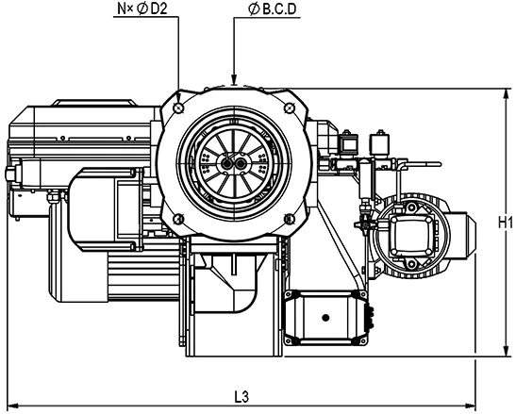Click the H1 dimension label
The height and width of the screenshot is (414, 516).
pyautogui.click(x=505, y=224)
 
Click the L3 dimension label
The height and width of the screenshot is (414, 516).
pyautogui.click(x=241, y=397)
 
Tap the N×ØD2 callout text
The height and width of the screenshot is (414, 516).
pyautogui.click(x=142, y=8)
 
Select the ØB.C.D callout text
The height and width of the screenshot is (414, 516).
pyautogui.click(x=272, y=9)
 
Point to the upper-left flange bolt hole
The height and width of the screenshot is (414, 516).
pyautogui.click(x=179, y=108)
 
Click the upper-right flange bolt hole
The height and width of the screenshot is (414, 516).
pyautogui.click(x=289, y=108)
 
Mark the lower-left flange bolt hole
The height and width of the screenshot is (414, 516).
pyautogui.click(x=178, y=219)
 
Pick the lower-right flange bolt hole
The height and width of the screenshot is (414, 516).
pyautogui.click(x=289, y=219)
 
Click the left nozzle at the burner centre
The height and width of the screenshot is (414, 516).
pyautogui.click(x=226, y=163)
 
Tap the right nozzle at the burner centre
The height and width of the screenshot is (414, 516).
pyautogui.click(x=241, y=163)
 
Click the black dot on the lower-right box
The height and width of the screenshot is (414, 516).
pyautogui.click(x=325, y=318)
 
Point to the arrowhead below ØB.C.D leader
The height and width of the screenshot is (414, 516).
pyautogui.click(x=234, y=79)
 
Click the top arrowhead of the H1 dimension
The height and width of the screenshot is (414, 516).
pyautogui.click(x=506, y=94)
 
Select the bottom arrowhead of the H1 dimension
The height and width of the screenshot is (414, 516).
pyautogui.click(x=506, y=351)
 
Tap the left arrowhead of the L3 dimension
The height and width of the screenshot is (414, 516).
pyautogui.click(x=12, y=405)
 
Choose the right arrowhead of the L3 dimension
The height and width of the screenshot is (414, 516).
pyautogui.click(x=470, y=405)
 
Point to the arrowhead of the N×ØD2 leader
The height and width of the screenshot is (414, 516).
pyautogui.click(x=178, y=99)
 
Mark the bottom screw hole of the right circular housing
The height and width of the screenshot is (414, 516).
pyautogui.click(x=411, y=264)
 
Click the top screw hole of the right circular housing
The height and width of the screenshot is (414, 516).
pyautogui.click(x=411, y=207)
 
